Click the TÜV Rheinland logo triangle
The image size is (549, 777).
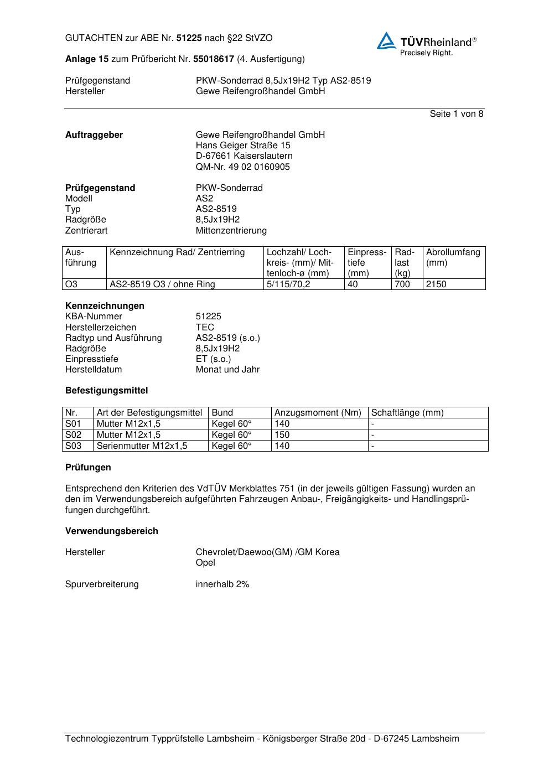386,42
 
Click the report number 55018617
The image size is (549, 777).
214,59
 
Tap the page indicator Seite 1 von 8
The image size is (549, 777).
456,114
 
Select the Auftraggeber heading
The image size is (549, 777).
94,135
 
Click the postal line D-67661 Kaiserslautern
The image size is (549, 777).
244,156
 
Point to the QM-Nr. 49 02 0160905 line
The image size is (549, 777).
242,167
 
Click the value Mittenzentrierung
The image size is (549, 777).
231,231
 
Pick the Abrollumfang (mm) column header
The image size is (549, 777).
453,257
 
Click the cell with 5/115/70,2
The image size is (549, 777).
288,284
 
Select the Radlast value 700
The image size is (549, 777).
402,284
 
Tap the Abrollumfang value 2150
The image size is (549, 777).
436,284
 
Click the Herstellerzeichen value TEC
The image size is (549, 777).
205,328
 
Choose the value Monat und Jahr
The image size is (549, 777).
227,370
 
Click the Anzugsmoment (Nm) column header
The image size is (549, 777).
318,413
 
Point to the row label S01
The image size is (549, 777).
73,424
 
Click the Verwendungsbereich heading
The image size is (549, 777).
111,531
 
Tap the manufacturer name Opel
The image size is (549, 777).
205,563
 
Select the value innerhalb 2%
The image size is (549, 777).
222,584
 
